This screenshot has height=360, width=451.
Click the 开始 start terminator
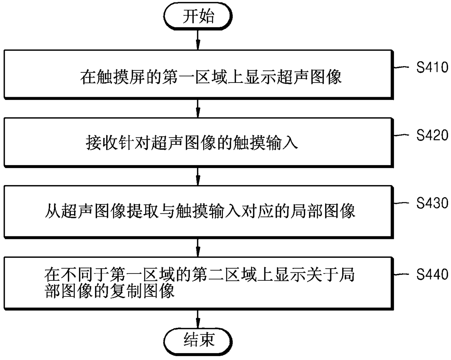(x=198, y=17)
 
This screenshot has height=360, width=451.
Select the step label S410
(x=432, y=67)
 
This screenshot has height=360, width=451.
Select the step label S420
(x=432, y=135)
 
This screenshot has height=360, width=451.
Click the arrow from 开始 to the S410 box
(x=198, y=39)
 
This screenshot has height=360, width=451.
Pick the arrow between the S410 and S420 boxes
(x=198, y=108)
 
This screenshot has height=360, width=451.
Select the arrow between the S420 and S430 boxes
(x=198, y=176)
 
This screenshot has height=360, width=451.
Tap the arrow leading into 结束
(x=198, y=319)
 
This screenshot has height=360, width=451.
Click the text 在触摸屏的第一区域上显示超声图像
(x=211, y=77)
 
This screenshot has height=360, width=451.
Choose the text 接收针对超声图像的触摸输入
(x=192, y=142)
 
